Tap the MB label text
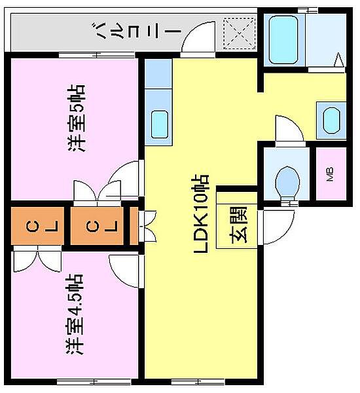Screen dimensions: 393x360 click(329, 175)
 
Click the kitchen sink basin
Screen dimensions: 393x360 click(159, 124)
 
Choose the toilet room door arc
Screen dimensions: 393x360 click(289, 128)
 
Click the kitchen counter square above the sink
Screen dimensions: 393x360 click(158, 73)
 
